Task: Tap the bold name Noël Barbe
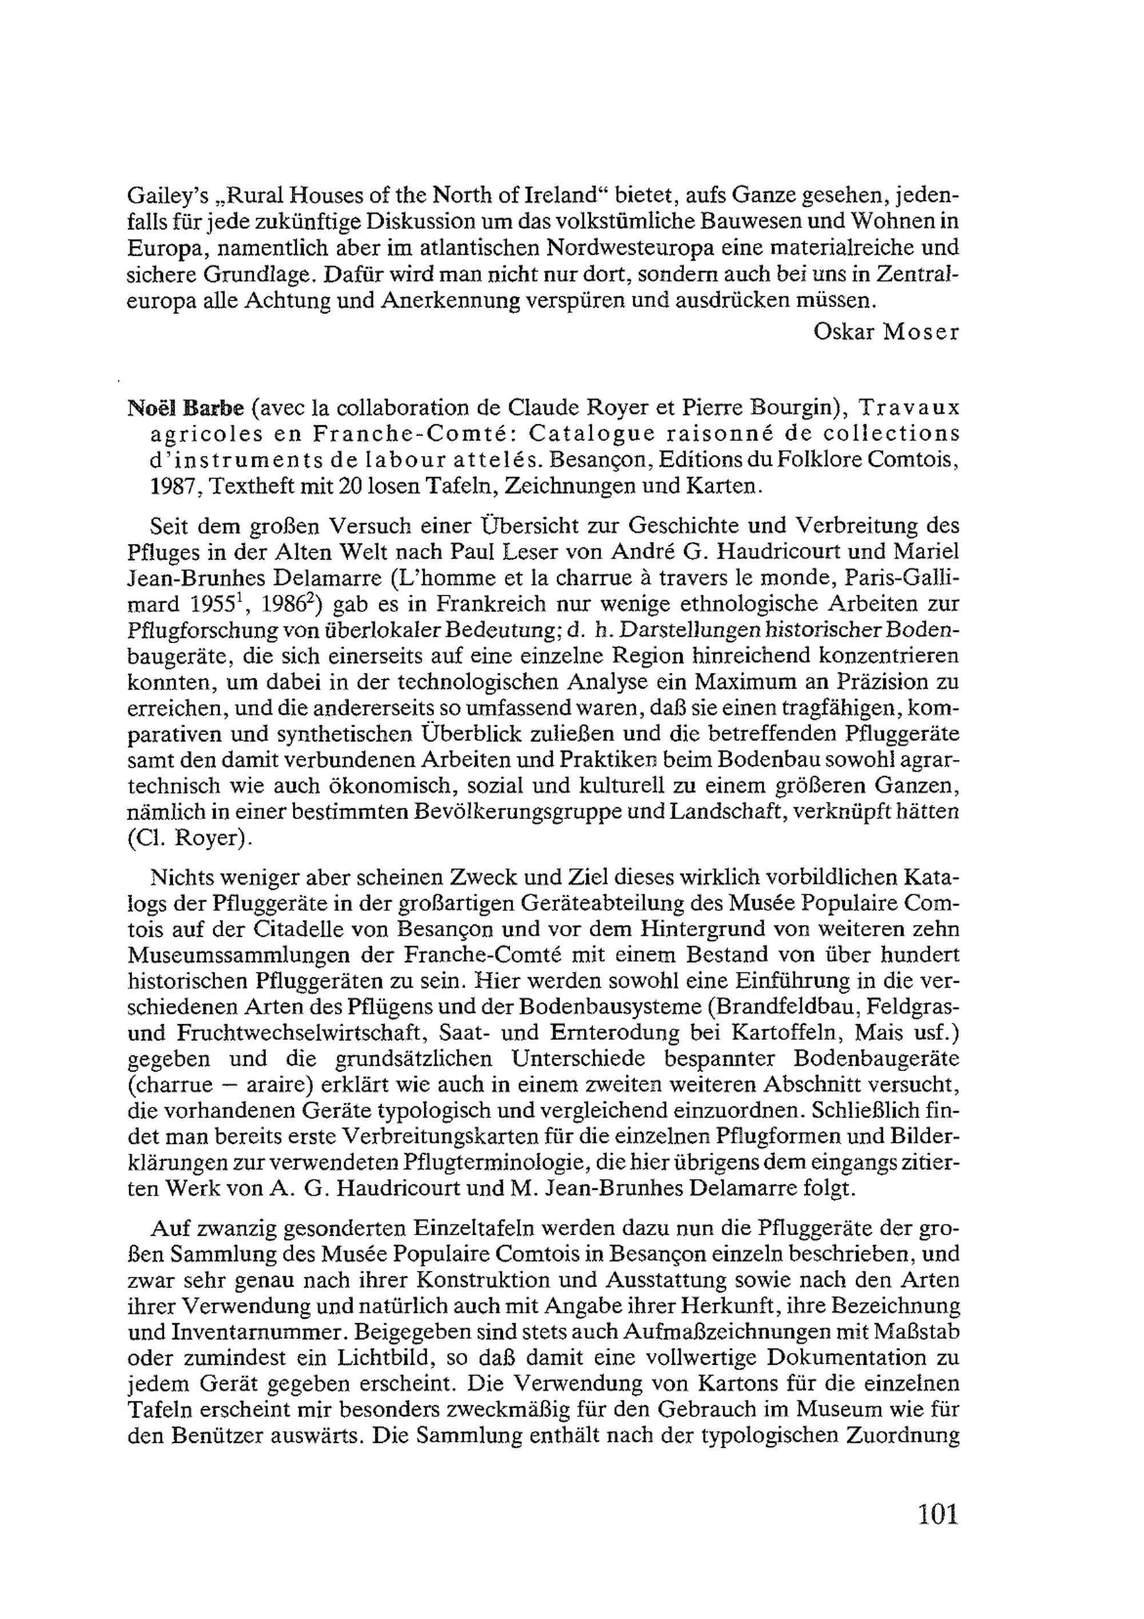185,408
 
